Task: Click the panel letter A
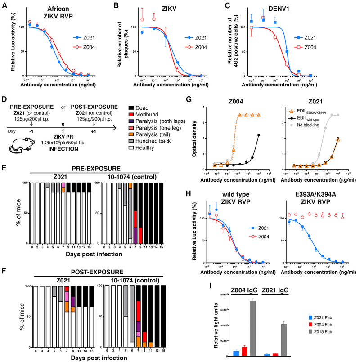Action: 4,5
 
